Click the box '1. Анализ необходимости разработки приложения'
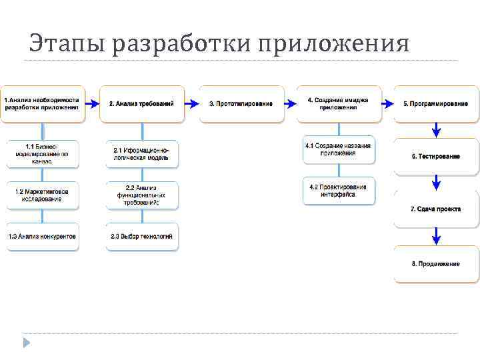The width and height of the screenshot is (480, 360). [43, 103]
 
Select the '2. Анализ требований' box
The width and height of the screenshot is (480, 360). [141, 103]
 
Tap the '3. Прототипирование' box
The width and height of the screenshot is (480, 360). [241, 103]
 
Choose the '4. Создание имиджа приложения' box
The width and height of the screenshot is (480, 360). [339, 103]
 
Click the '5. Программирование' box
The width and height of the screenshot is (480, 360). [435, 103]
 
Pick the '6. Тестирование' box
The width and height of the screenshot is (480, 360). [435, 156]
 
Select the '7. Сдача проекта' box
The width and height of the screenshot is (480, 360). [435, 209]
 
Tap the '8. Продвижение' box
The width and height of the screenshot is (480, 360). [435, 263]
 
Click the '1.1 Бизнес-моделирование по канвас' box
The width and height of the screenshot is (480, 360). [43, 153]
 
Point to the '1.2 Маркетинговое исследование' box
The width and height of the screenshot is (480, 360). [43, 195]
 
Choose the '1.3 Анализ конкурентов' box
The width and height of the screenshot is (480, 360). [43, 236]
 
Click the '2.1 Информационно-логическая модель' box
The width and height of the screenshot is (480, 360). [141, 153]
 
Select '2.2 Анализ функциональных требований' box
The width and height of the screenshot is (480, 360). [141, 195]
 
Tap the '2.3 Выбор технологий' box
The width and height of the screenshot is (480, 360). [141, 236]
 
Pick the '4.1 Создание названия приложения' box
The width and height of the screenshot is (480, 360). [338, 149]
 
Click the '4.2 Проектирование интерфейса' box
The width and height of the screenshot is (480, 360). [338, 190]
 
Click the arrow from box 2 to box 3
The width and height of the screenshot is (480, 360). [191, 103]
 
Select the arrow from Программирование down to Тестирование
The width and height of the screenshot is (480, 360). [436, 129]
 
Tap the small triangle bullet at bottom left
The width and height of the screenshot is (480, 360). [27, 343]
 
